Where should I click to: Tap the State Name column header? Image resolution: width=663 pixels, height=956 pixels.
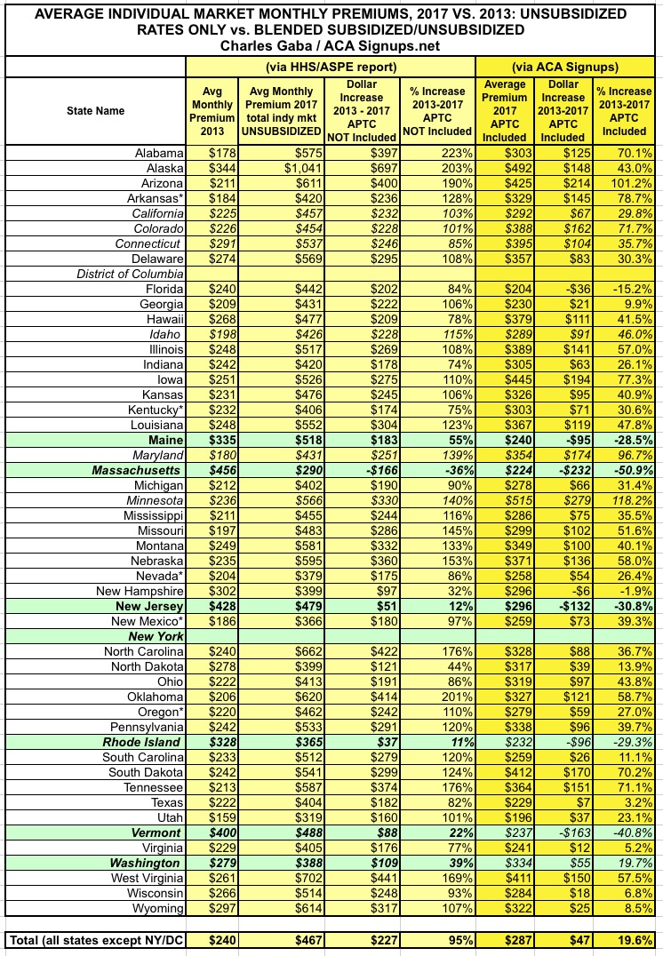click(95, 111)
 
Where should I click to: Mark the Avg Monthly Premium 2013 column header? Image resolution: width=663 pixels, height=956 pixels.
click(212, 111)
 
